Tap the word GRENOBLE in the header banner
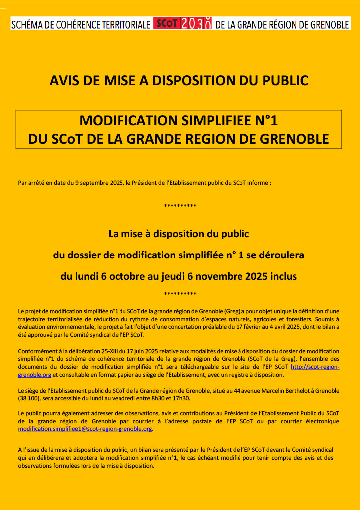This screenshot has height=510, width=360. [323, 24]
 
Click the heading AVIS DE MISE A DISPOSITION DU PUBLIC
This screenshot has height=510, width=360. [179, 80]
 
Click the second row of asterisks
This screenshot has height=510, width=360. [180, 294]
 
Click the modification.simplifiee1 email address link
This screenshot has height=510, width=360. [85, 429]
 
